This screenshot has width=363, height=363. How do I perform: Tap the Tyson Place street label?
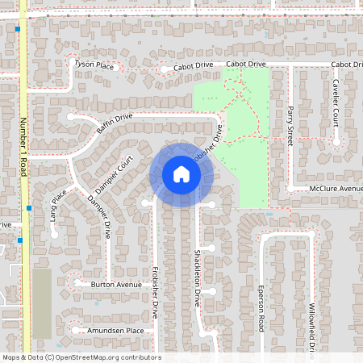coord(94,64)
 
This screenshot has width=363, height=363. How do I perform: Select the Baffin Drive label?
coord(114,123)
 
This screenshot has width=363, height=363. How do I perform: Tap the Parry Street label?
coord(290,125)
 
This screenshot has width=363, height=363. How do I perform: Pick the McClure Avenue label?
coord(336,189)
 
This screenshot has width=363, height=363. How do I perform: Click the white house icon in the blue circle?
coord(181,174)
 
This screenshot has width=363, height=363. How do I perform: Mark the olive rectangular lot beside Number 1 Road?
coord(41,303)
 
